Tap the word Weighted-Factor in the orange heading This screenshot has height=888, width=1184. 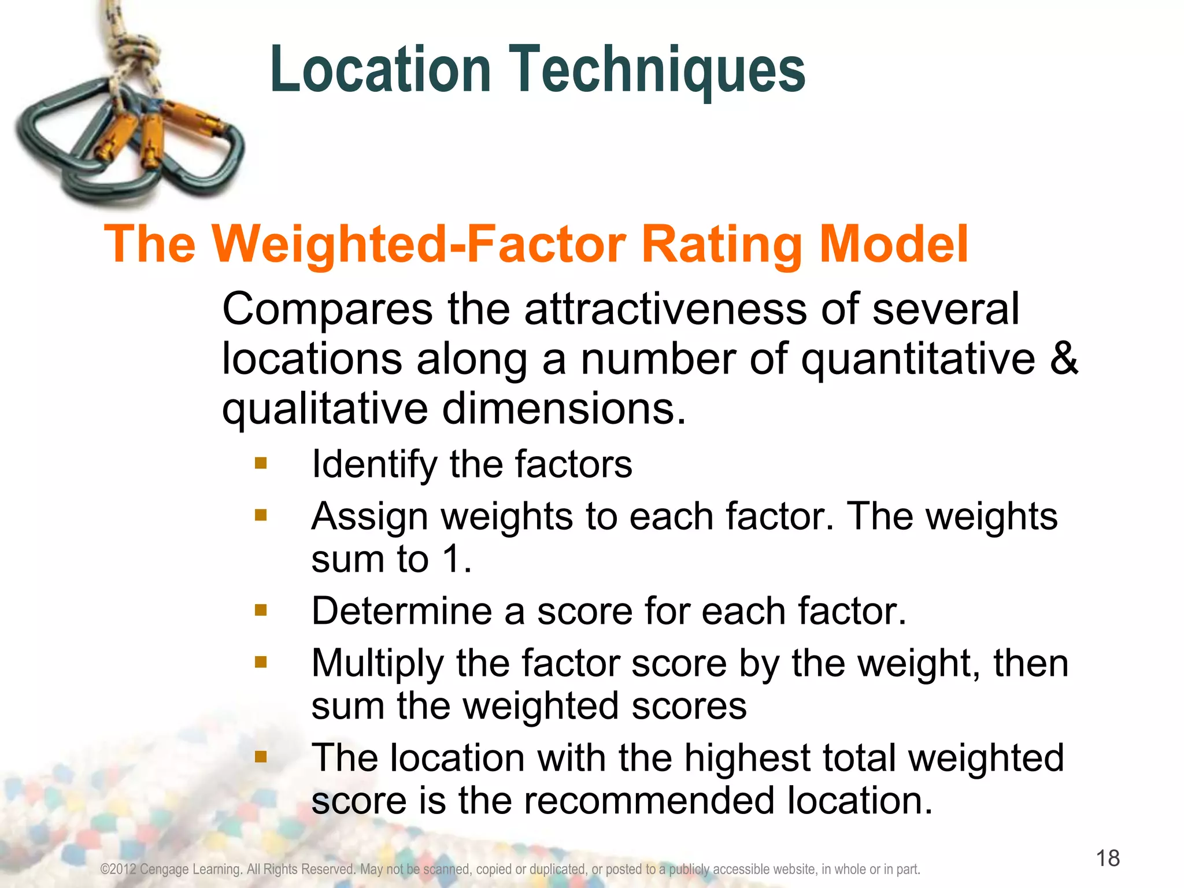pos(419,244)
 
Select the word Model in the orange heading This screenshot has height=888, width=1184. pos(893,244)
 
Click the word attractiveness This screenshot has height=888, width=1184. pos(665,309)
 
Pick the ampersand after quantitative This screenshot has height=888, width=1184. pos(1063,358)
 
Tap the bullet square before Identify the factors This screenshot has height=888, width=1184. pos(261,463)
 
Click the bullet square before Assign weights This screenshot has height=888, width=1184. pos(261,515)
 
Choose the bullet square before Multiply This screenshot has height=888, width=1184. pos(261,661)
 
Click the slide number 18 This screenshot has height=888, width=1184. pos(1108,858)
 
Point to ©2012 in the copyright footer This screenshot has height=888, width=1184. pos(118,869)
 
